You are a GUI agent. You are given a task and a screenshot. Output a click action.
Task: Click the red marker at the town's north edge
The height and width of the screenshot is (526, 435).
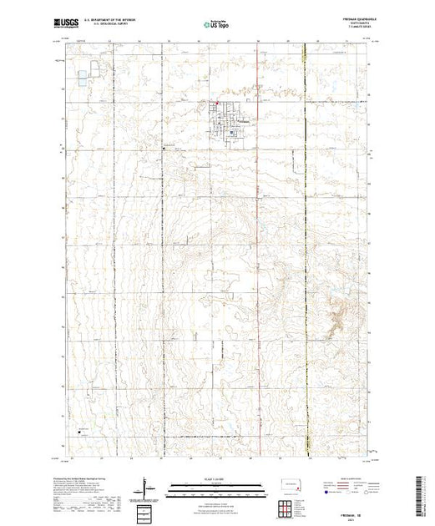[x=219, y=104]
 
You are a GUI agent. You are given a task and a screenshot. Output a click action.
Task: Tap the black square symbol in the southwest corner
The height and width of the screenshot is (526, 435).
[x=81, y=431]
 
